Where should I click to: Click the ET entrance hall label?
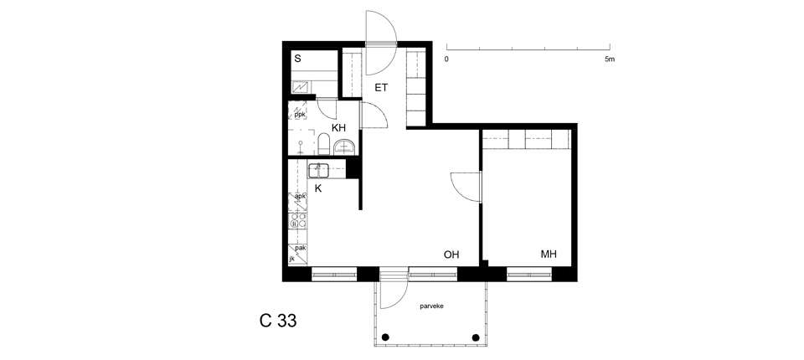pos(381,88)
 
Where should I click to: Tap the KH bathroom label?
pos(338,128)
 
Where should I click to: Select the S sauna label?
pos(297,59)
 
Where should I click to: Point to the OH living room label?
pos(451,255)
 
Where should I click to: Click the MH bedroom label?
pos(549,254)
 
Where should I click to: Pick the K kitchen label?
pos(318,188)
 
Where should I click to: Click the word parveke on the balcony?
pos(432,306)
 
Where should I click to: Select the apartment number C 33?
pos(278,321)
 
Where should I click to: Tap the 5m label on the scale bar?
pos(609,59)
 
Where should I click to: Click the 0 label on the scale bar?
pos(446,59)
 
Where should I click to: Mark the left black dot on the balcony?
pos(385,337)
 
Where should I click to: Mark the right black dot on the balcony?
pos(476,337)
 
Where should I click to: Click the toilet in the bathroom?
pos(323,144)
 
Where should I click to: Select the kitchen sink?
pos(318,169)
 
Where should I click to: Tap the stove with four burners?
pos(297,221)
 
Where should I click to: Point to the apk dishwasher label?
pos(301,196)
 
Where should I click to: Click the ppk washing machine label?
pos(300,115)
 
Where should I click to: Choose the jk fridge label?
pos(292,259)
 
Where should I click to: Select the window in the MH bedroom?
pos(529,275)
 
